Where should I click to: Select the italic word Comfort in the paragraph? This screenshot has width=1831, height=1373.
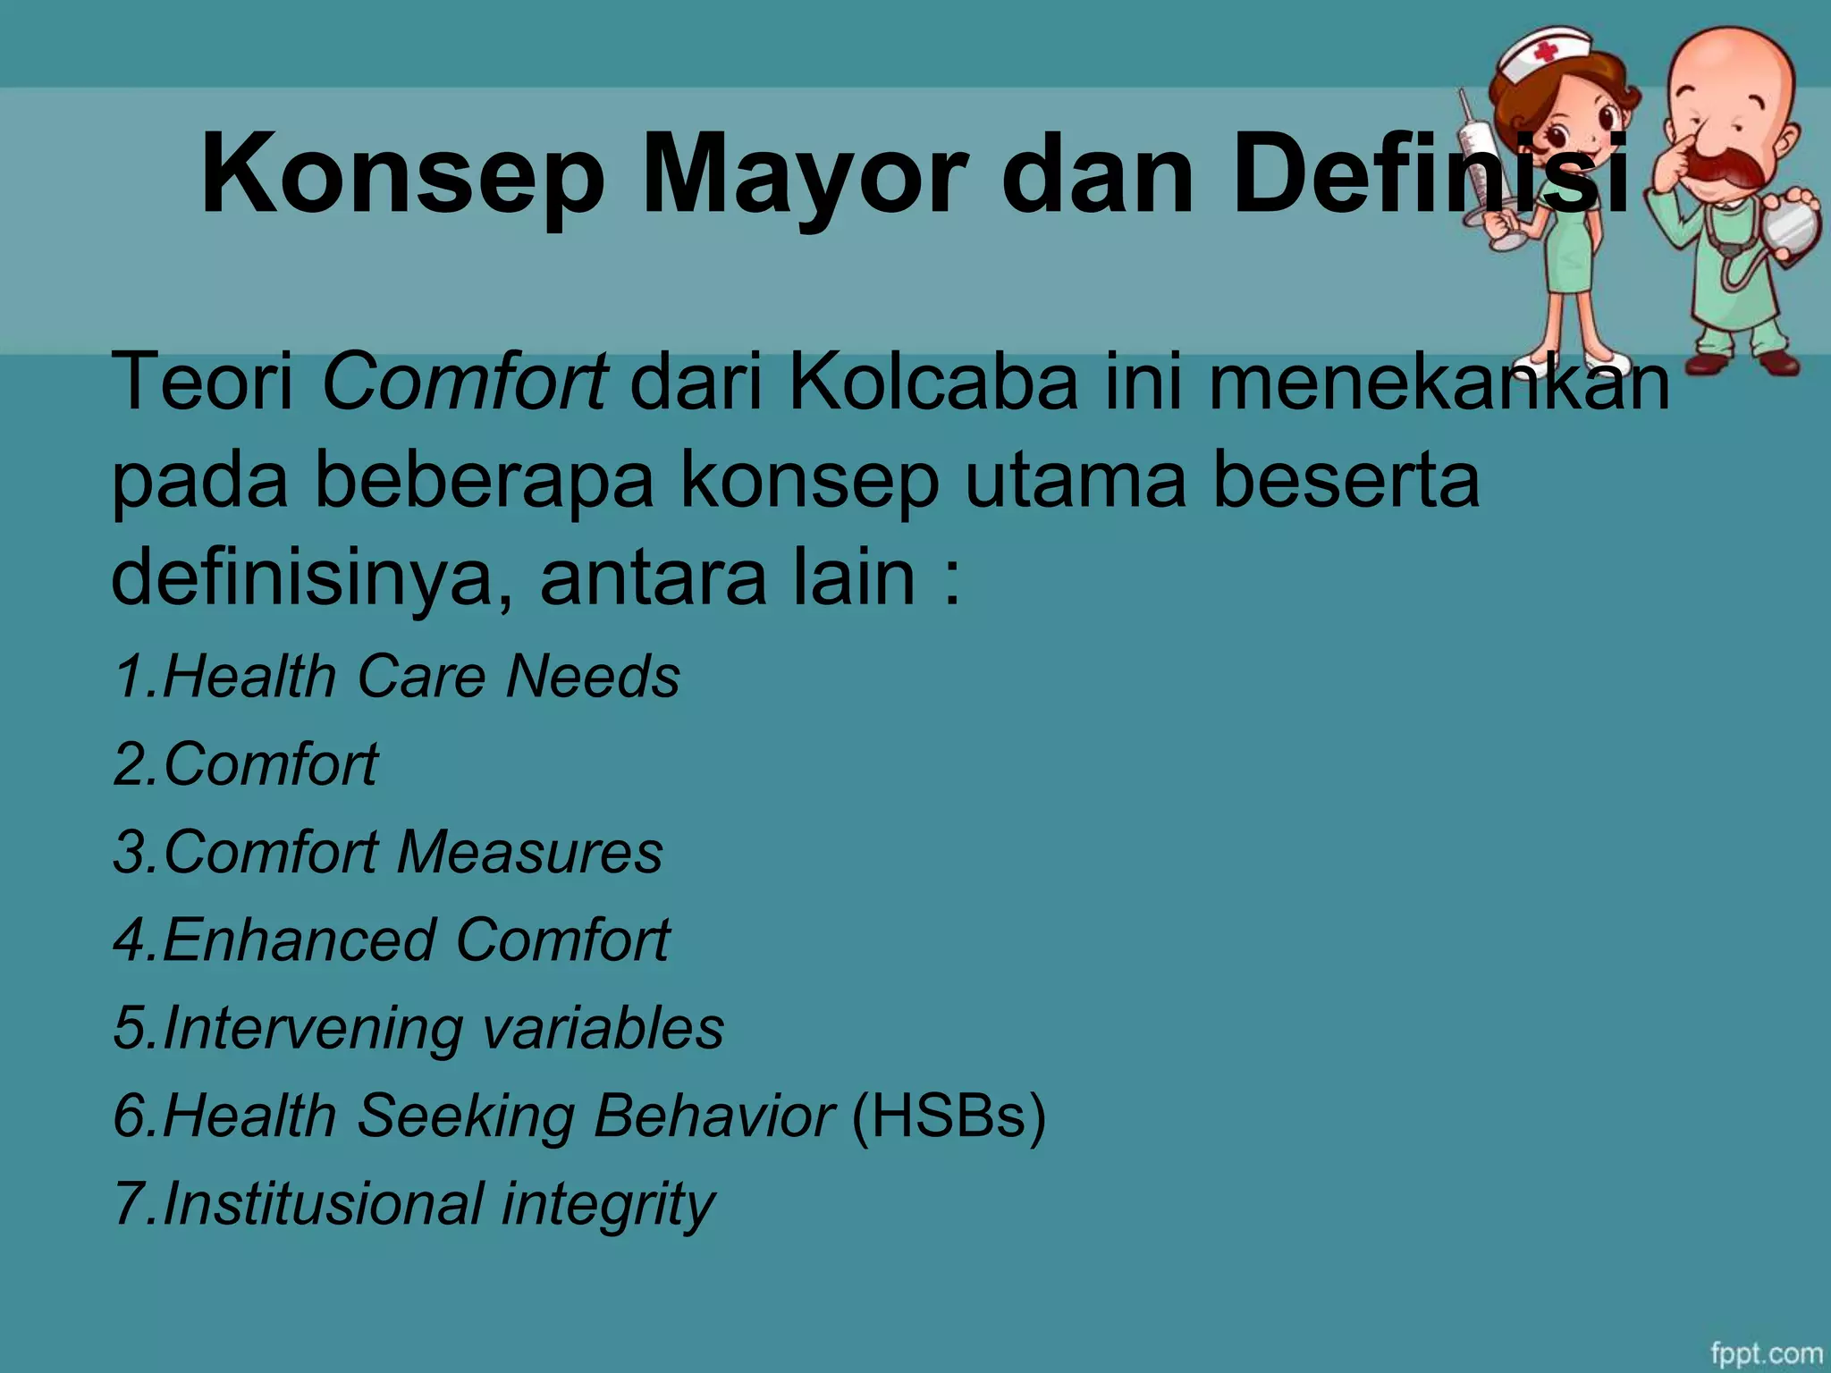pos(464,383)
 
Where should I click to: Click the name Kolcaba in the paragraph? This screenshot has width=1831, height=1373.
pos(933,383)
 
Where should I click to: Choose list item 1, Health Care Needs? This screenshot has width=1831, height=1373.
pos(397,676)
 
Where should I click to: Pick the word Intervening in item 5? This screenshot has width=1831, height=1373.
pos(312,1028)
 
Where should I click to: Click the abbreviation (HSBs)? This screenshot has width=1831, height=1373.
pos(948,1116)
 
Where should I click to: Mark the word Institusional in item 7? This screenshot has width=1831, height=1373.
pos(323,1203)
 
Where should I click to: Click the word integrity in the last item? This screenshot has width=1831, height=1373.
pos(607,1205)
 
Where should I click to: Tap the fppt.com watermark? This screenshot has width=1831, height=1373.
pos(1766,1353)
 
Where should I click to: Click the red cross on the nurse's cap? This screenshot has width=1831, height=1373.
pos(1544,53)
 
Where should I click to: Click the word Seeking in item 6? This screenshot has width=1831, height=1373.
pos(464,1117)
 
